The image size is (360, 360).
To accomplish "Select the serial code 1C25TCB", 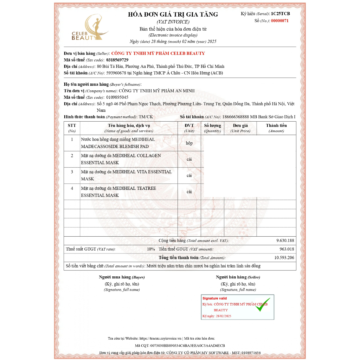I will pyautogui.click(x=280, y=14).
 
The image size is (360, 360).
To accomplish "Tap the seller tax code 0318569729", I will pyautogui.click(x=117, y=60).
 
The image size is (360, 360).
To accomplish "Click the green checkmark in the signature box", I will pyautogui.click(x=262, y=305).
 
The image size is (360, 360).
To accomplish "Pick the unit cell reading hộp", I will pyautogui.click(x=189, y=143).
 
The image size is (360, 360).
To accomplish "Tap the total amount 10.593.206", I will pyautogui.click(x=284, y=258).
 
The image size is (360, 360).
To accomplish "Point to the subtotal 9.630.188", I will pyautogui.click(x=285, y=240).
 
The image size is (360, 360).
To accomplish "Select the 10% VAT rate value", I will pyautogui.click(x=151, y=249).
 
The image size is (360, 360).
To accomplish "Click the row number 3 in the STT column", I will pyautogui.click(x=72, y=172).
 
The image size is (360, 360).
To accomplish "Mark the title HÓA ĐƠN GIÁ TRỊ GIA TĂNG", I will pyautogui.click(x=173, y=14).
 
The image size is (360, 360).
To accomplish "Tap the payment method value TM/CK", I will pyautogui.click(x=146, y=117).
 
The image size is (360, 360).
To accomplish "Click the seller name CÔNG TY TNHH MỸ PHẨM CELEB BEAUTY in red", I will pyautogui.click(x=158, y=53).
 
